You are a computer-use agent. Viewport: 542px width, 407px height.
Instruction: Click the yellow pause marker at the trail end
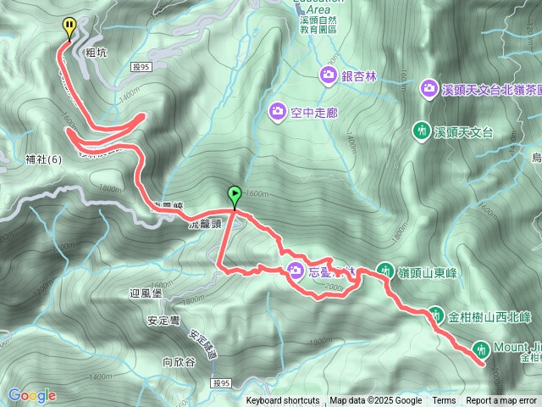click(69, 28)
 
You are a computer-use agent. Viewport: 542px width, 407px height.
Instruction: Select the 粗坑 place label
click(97, 53)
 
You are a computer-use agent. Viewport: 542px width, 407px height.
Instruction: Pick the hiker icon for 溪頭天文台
click(422, 131)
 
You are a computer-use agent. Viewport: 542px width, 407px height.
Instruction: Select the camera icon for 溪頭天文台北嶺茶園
click(429, 88)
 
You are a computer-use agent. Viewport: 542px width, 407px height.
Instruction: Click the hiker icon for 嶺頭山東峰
click(384, 271)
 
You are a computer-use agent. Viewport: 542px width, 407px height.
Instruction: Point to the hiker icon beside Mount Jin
click(482, 348)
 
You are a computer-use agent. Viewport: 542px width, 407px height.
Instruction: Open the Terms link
click(444, 401)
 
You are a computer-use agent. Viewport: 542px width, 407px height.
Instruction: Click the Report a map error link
click(501, 401)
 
